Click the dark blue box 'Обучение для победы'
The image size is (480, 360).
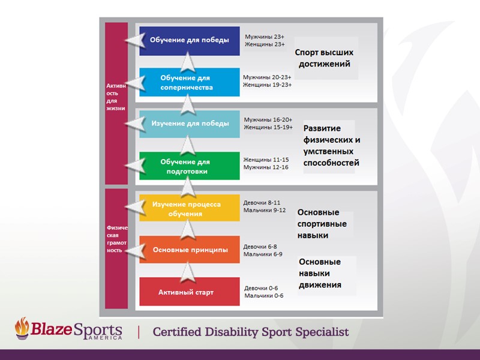click(189, 41)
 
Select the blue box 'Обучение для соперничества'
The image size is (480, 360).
click(189, 83)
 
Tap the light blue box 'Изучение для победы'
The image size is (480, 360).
click(189, 124)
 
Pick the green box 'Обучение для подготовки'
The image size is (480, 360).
click(189, 166)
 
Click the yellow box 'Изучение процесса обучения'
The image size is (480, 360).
click(189, 208)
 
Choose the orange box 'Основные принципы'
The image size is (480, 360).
click(189, 250)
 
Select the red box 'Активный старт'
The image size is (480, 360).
click(189, 292)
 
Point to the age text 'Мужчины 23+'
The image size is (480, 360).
click(265, 37)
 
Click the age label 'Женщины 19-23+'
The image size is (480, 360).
click(267, 85)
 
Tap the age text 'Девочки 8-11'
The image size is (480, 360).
click(262, 203)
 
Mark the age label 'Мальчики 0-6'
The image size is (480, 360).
click(264, 295)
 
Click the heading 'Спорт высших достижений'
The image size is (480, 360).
click(324, 58)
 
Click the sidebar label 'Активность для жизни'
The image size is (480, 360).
click(116, 97)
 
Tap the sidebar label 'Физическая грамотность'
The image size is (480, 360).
click(116, 239)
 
